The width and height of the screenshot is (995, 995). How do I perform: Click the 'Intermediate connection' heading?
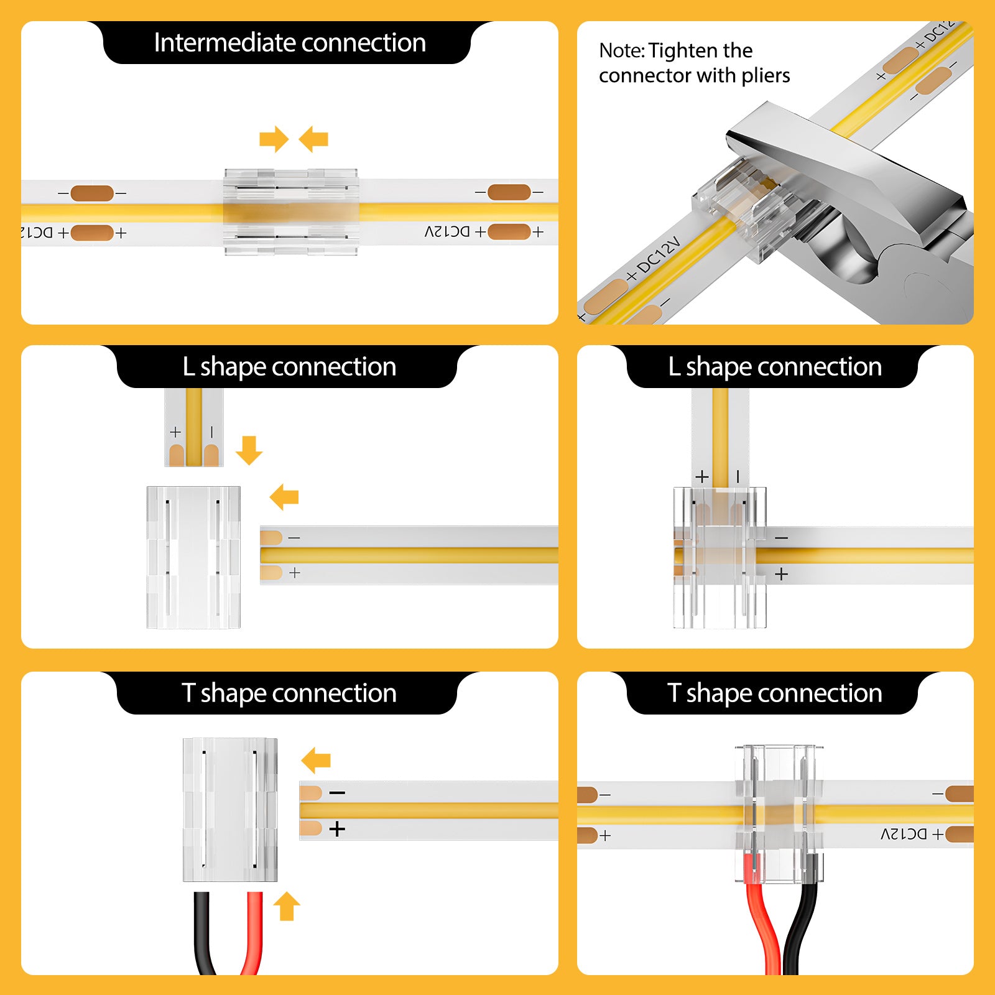pyautogui.click(x=289, y=43)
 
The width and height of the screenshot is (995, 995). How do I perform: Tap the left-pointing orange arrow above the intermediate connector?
pyautogui.click(x=313, y=139)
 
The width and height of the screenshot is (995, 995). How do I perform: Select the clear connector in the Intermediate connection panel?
pyautogui.click(x=291, y=212)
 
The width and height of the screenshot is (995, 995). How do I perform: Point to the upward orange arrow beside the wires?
pyautogui.click(x=287, y=906)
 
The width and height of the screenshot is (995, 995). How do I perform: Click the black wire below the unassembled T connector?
pyautogui.click(x=203, y=933)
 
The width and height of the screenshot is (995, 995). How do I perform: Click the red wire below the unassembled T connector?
pyautogui.click(x=254, y=933)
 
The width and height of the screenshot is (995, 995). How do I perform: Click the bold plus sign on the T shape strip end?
pyautogui.click(x=337, y=829)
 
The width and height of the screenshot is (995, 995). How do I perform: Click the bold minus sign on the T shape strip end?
pyautogui.click(x=337, y=793)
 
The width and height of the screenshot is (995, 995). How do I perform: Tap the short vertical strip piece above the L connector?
pyautogui.click(x=194, y=427)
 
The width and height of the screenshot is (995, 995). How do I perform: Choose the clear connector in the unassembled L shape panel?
pyautogui.click(x=193, y=557)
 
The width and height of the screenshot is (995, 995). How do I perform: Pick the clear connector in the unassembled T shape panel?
pyautogui.click(x=230, y=810)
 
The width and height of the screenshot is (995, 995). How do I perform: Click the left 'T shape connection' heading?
pyautogui.click(x=289, y=693)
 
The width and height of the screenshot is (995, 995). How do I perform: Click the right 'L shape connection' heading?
pyautogui.click(x=774, y=367)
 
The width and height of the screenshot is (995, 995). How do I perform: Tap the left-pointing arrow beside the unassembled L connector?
pyautogui.click(x=285, y=497)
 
